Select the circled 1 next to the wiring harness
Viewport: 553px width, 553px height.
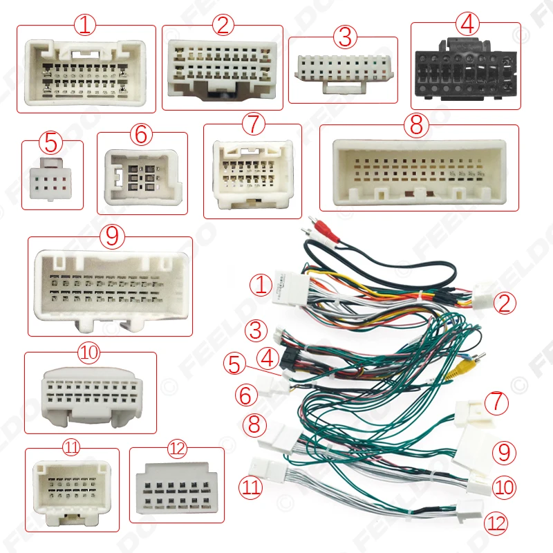pos(261,285)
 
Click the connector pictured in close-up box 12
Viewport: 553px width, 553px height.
pos(177,489)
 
